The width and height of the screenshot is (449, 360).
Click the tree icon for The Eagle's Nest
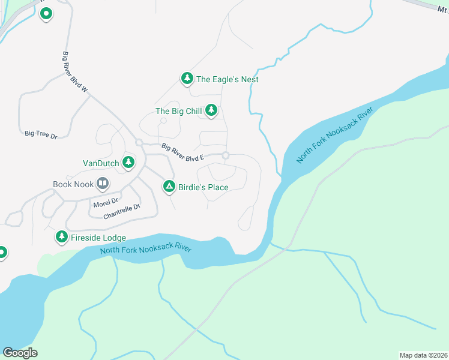187,78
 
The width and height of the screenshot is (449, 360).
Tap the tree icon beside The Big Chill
211,110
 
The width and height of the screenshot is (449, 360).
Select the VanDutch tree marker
128,162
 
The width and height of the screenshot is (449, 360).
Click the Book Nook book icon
103,184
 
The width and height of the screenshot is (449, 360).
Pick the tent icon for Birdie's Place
169,187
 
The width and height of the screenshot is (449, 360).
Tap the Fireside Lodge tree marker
61,237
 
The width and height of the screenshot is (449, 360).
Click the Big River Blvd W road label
75,73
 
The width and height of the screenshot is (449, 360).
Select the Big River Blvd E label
184,151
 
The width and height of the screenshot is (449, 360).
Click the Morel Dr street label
106,203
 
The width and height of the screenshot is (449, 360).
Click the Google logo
20,352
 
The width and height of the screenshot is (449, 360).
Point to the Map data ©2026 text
423,355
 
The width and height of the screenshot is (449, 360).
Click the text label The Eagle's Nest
228,79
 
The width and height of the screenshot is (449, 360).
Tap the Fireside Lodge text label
98,238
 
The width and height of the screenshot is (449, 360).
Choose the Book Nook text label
73,184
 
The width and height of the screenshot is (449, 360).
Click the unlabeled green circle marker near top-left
46,14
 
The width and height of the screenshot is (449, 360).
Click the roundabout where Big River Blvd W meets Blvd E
139,142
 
